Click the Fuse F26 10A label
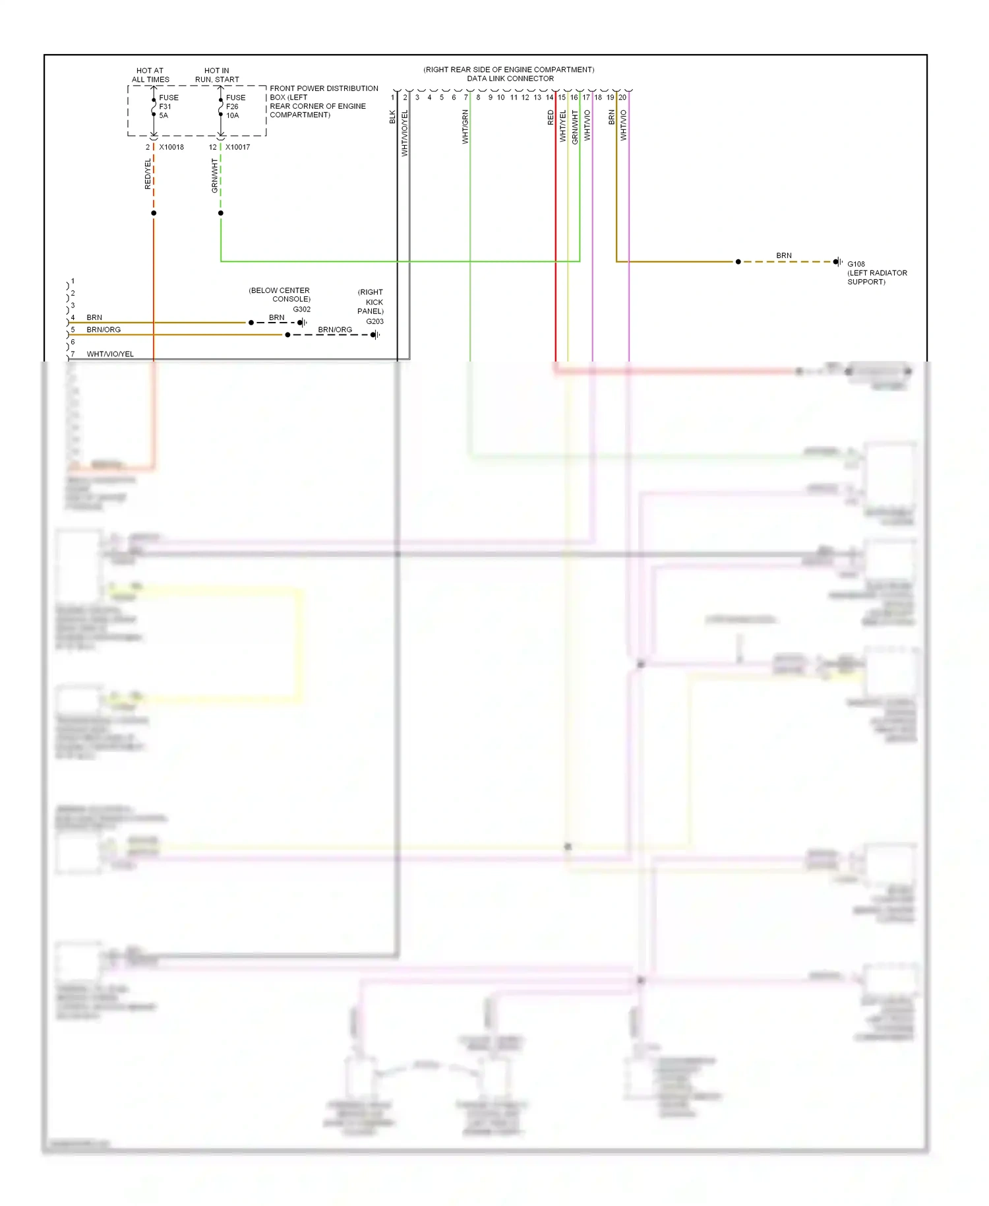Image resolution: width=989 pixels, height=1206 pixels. tap(235, 106)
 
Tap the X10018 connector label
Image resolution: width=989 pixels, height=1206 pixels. tap(171, 147)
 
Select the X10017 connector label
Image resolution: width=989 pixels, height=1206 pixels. tap(237, 147)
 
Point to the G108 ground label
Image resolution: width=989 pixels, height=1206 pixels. tap(856, 264)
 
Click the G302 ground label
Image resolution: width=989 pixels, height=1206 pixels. tap(301, 309)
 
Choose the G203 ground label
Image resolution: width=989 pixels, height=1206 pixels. tap(375, 321)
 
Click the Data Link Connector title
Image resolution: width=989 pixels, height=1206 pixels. tap(510, 79)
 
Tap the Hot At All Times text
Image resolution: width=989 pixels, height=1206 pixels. tap(150, 75)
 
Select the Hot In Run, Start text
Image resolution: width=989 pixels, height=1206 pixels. tap(217, 75)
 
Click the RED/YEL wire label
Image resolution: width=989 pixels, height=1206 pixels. tap(148, 174)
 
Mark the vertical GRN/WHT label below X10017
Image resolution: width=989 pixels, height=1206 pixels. tap(214, 175)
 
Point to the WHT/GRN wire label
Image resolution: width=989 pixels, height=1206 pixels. tap(465, 127)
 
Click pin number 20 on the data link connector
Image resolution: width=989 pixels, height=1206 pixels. tap(622, 98)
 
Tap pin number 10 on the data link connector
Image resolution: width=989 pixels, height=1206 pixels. tap(501, 98)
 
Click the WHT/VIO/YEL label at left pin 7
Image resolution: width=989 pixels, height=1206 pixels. tap(110, 354)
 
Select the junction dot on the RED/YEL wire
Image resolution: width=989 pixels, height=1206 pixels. tap(154, 213)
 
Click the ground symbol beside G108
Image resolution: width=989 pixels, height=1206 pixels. tap(838, 262)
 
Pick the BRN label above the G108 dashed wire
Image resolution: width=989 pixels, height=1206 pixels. tap(783, 255)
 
